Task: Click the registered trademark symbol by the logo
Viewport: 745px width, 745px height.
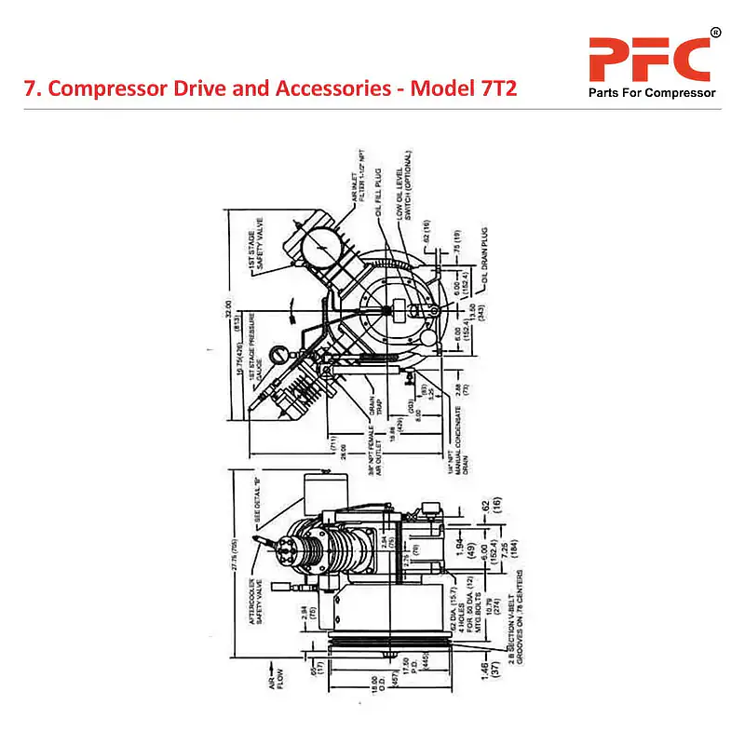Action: (715, 34)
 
